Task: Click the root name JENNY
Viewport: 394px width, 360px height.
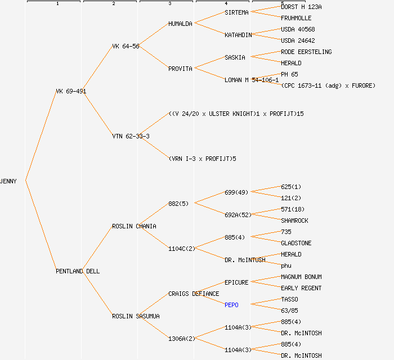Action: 8,181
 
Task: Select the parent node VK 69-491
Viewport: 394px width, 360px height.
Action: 71,91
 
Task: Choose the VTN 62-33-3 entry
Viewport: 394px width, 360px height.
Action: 131,136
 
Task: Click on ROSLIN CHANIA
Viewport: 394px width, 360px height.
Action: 134,226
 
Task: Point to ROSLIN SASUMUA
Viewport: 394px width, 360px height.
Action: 136,316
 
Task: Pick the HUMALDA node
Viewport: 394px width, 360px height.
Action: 180,24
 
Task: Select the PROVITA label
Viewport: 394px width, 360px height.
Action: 180,69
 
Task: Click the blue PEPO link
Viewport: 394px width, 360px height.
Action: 231,305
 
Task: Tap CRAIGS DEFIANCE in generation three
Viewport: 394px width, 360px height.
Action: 194,294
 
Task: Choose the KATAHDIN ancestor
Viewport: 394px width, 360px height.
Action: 238,35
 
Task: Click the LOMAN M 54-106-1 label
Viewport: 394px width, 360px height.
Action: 252,80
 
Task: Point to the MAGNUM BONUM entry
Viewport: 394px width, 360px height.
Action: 301,277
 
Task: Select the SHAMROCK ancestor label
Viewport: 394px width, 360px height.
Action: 294,220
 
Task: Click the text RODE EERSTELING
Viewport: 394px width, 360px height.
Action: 306,52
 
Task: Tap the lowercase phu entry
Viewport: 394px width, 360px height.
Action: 286,265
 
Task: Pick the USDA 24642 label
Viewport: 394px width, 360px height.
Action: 298,40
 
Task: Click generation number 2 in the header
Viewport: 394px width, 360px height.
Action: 113,4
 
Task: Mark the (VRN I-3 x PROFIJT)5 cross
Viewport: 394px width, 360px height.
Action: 202,159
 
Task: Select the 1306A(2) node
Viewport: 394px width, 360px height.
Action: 181,339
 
